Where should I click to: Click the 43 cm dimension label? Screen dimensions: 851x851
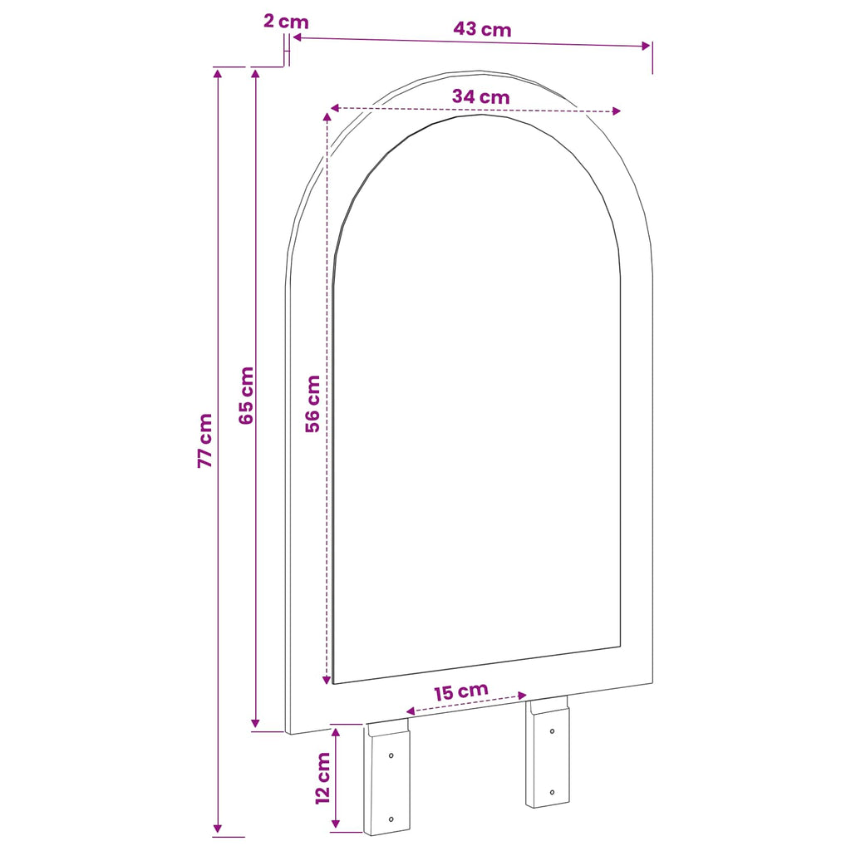(483, 29)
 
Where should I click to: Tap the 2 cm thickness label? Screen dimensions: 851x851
(286, 22)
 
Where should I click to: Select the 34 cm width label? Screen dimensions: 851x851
(481, 96)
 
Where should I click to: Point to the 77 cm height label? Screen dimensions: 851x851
(205, 440)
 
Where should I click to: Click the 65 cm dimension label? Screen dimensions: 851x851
(246, 395)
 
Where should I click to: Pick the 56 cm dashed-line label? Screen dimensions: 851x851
(312, 404)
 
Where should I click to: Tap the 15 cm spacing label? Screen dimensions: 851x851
(461, 691)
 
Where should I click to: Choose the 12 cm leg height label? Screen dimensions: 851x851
(323, 778)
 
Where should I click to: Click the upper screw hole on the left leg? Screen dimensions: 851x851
(391, 755)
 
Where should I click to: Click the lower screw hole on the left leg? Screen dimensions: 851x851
(391, 819)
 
